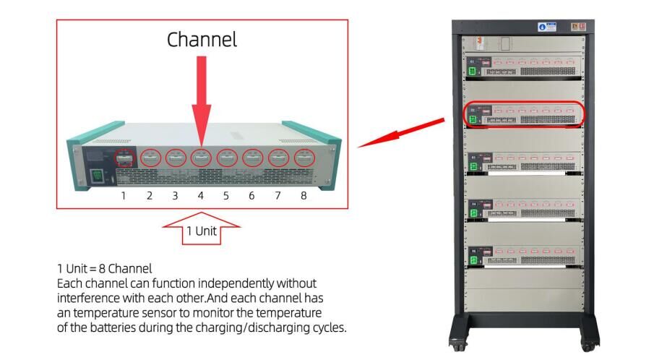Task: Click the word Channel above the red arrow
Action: pyautogui.click(x=202, y=39)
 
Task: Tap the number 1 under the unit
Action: pyautogui.click(x=124, y=196)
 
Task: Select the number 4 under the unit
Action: pyautogui.click(x=201, y=196)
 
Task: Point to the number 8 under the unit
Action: pyautogui.click(x=304, y=196)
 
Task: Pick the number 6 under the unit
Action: pyautogui.click(x=251, y=196)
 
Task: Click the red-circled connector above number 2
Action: pyautogui.click(x=150, y=157)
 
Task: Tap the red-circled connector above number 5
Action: pyautogui.click(x=227, y=158)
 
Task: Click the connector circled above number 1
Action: pyautogui.click(x=124, y=157)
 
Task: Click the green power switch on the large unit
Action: pyautogui.click(x=95, y=175)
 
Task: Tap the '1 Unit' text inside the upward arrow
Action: pyautogui.click(x=202, y=231)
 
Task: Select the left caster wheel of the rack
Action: pyautogui.click(x=457, y=346)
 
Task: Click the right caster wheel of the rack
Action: pyautogui.click(x=591, y=346)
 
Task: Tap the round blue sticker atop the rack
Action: pyautogui.click(x=541, y=27)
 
